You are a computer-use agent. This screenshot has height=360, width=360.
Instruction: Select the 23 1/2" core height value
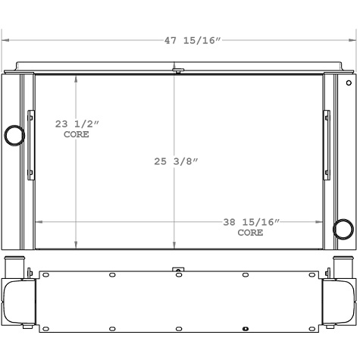(x=77, y=124)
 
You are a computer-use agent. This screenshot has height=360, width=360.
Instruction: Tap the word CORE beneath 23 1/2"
(x=76, y=134)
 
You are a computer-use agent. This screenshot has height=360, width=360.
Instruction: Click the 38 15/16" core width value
(x=252, y=222)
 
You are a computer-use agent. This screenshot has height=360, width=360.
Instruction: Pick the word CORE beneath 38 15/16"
(x=250, y=233)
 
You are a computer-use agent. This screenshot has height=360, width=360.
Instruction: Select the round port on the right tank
(x=343, y=228)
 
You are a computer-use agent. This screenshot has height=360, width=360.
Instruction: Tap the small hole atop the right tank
(x=348, y=83)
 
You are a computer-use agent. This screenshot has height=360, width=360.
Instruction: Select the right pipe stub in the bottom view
(x=341, y=268)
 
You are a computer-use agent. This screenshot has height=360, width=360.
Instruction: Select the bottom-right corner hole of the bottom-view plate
(x=308, y=327)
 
